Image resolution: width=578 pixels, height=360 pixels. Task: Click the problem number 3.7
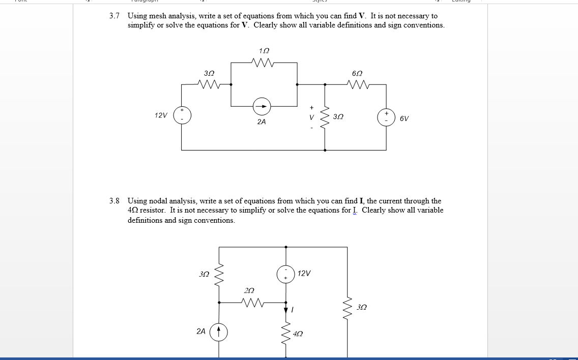pos(114,16)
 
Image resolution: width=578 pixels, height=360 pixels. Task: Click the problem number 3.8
pos(114,201)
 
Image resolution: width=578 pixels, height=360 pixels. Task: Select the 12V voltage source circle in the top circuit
pos(182,115)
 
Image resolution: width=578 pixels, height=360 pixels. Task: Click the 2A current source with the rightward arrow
pos(262,106)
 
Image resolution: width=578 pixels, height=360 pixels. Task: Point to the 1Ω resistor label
pos(264,51)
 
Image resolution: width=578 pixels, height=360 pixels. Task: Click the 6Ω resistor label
pos(357,73)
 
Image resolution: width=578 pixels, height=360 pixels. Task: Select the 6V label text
pos(404,118)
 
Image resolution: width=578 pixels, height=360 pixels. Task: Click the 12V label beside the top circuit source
pos(161,115)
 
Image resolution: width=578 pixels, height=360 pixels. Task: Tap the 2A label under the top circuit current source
pos(261,122)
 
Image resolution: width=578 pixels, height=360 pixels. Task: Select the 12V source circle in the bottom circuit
pos(286,274)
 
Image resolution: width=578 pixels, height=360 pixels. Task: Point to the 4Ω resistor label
pos(298,334)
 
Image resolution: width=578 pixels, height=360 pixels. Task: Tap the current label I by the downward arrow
pos(294,309)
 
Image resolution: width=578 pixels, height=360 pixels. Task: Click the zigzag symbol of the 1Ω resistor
pos(263,63)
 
